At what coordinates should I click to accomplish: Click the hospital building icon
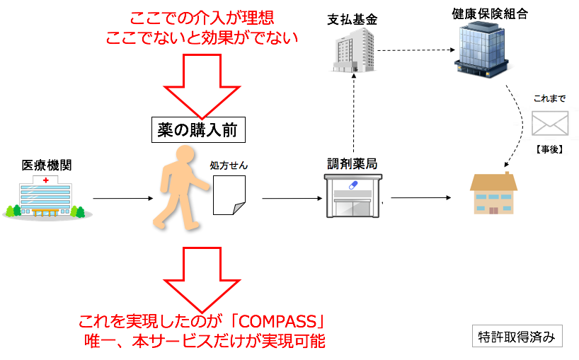(x=44, y=198)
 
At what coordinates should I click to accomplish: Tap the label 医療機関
(x=47, y=166)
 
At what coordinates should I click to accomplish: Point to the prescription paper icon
(x=229, y=196)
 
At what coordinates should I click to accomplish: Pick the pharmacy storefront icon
(x=352, y=196)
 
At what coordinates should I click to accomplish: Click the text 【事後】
(x=549, y=149)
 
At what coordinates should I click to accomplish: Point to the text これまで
(x=549, y=98)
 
